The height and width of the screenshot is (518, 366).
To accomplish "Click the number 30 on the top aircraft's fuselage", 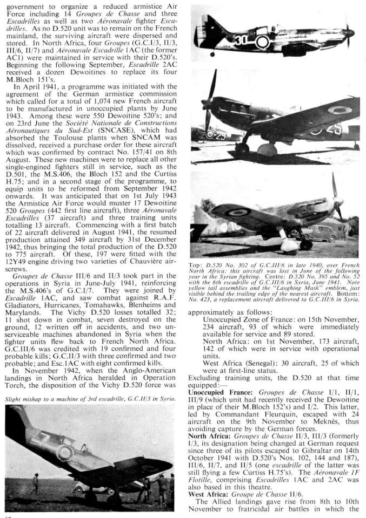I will coord(242,40).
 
